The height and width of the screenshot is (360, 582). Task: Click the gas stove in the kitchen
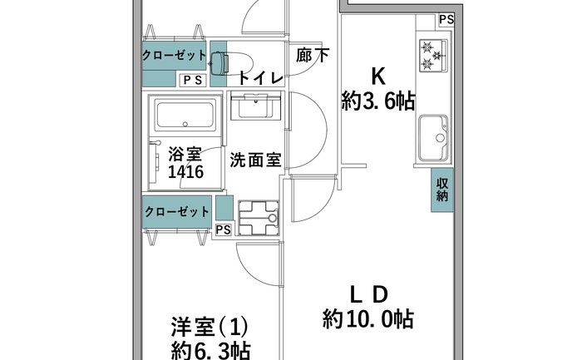433,56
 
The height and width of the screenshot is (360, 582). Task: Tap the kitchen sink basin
433,138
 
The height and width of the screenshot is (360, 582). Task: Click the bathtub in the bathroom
185,115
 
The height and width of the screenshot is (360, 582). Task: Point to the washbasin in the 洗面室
255,106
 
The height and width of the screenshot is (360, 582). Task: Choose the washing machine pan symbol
259,218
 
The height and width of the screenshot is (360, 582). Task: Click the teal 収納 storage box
442,190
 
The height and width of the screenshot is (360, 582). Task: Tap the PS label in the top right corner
446,19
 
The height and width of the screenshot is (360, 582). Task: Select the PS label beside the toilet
193,80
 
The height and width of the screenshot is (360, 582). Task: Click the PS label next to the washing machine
223,229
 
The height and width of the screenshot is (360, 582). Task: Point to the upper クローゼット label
174,56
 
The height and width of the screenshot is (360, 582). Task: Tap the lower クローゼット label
176,212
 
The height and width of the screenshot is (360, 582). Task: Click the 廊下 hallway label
312,56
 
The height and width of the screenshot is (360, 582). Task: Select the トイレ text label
260,77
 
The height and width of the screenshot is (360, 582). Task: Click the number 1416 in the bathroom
185,172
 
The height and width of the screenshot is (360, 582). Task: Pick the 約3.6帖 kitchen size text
377,101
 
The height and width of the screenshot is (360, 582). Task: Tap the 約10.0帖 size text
367,318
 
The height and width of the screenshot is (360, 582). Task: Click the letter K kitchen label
378,76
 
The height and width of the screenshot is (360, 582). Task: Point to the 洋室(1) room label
210,327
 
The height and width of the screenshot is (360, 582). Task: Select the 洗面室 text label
255,160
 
